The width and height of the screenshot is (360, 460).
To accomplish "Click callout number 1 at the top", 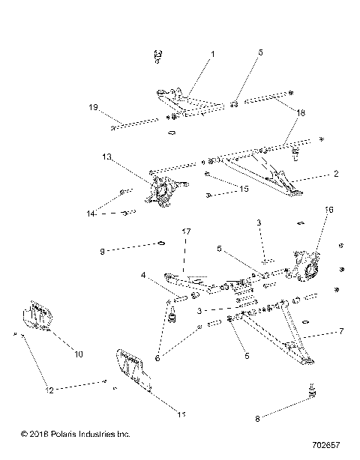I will click(x=212, y=54).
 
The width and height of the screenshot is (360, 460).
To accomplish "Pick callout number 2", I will click(x=335, y=174).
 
